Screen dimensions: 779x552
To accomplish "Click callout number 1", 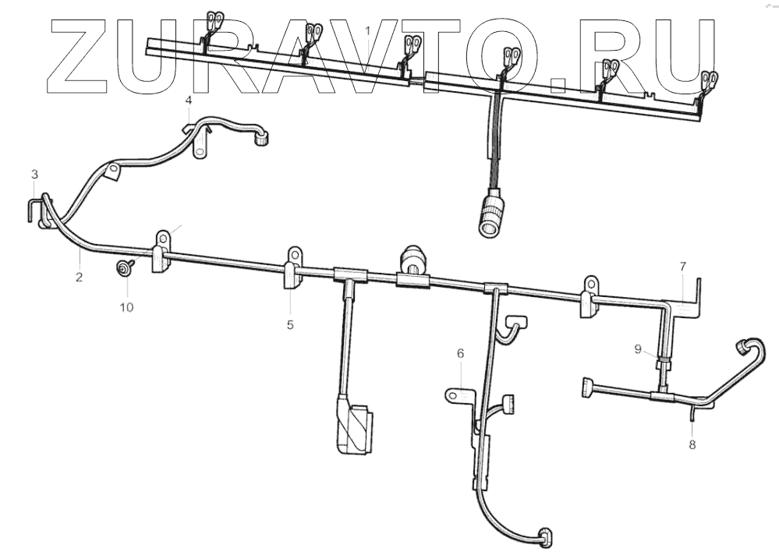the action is [368, 30].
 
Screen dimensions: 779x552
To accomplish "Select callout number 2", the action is [79, 277].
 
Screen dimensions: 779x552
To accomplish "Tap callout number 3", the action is [34, 172].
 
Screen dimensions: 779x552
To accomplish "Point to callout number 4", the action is [187, 101].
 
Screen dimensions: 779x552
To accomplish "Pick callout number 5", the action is [290, 324].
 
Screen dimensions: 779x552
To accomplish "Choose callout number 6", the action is [460, 353].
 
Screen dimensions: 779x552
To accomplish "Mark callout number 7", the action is [682, 267].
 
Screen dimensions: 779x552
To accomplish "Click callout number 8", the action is [692, 444].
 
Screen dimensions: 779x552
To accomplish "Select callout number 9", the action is [638, 349].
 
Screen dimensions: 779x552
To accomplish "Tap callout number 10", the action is [126, 306].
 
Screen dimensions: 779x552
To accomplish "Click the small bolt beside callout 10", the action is [124, 268].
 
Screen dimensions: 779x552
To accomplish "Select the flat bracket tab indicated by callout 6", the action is [461, 396].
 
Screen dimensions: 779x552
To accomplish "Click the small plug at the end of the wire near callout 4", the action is [263, 140].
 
